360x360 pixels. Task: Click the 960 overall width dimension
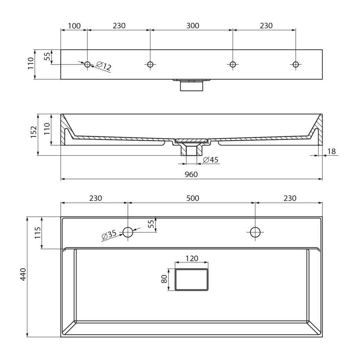tap(191, 174)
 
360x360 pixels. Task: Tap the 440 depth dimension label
tap(23, 274)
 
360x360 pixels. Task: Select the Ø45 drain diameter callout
tap(211, 160)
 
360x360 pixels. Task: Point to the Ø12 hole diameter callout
tap(104, 66)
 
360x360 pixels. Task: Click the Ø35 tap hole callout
tap(109, 235)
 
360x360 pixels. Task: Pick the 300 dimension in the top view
tap(193, 26)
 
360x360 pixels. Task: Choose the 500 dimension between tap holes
tap(193, 198)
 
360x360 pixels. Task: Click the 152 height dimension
tap(34, 132)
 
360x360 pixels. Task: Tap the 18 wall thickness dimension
tap(332, 151)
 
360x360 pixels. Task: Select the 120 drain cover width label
tap(192, 258)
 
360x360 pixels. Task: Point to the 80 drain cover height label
tap(164, 279)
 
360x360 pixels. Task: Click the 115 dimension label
tap(37, 233)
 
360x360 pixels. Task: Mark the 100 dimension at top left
tap(74, 26)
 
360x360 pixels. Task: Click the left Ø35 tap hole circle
tap(128, 232)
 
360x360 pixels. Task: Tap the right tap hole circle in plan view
tap(255, 232)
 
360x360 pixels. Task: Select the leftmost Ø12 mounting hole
tap(87, 64)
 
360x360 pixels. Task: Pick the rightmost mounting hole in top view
tap(296, 64)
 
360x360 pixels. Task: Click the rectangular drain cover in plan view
tap(192, 279)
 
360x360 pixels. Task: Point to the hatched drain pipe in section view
tap(191, 149)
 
